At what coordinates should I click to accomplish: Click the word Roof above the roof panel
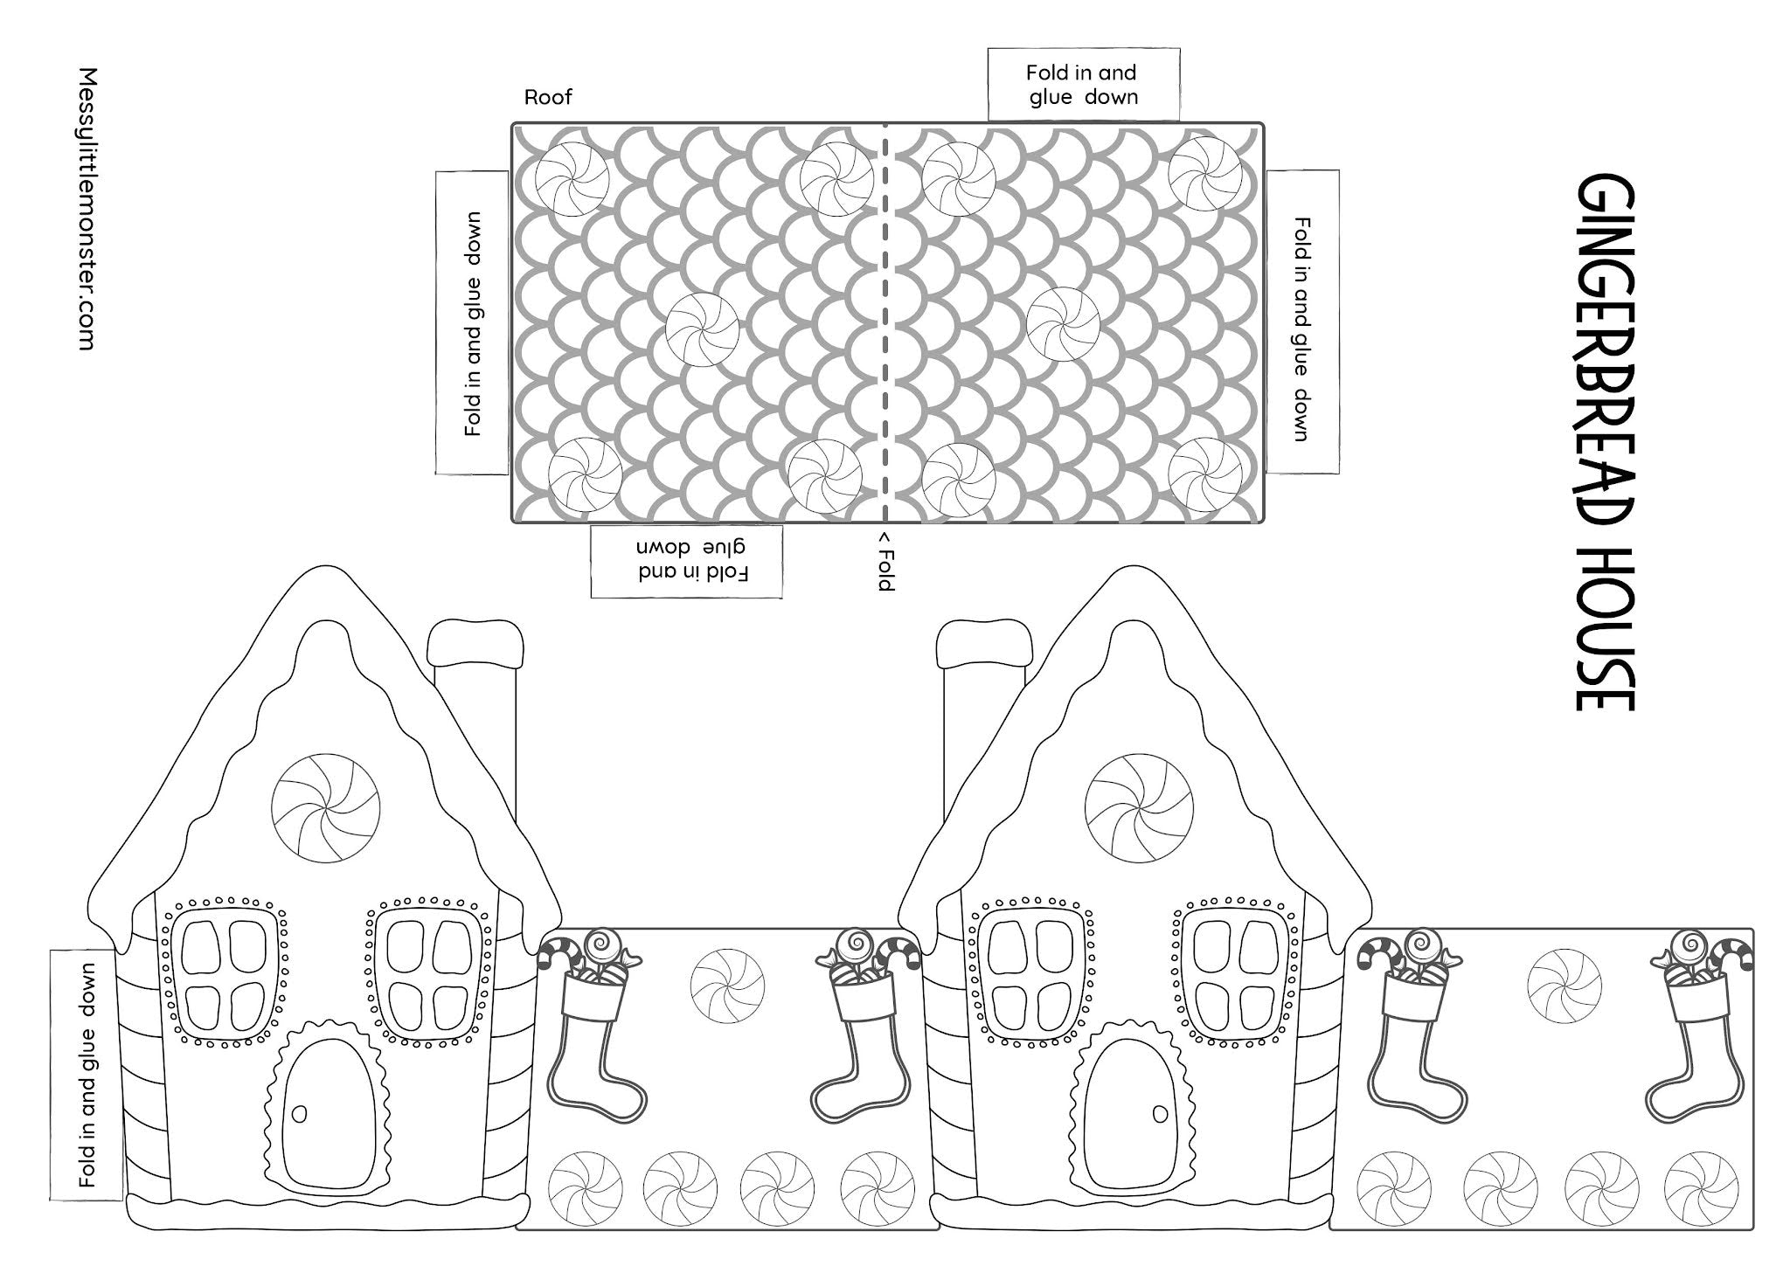click(x=548, y=97)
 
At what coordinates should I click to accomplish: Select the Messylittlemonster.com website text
click(x=86, y=210)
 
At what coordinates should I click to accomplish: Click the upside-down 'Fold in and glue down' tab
click(x=686, y=561)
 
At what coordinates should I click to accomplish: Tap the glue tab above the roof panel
click(x=1084, y=85)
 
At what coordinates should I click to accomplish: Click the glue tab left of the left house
click(x=86, y=1075)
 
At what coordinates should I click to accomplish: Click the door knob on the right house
click(x=1160, y=1114)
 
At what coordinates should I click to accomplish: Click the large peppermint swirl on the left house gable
click(x=326, y=809)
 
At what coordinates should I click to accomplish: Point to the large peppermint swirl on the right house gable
click(x=1138, y=807)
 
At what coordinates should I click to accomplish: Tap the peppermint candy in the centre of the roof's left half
click(x=702, y=329)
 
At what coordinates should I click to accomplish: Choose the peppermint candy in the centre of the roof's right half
click(x=1063, y=323)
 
